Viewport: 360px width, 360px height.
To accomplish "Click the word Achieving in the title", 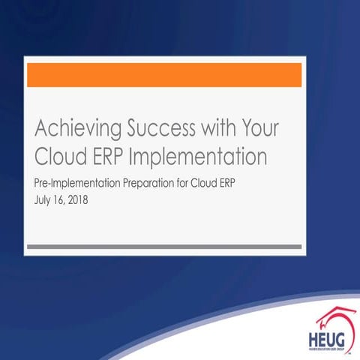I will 70,128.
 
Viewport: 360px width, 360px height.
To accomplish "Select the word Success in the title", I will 149,128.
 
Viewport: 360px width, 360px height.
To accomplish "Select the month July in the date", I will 43,201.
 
